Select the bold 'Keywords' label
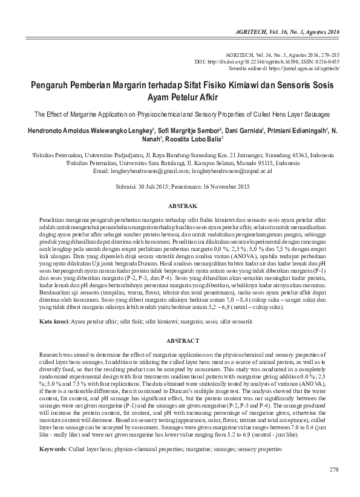pyautogui.click(x=52, y=450)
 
